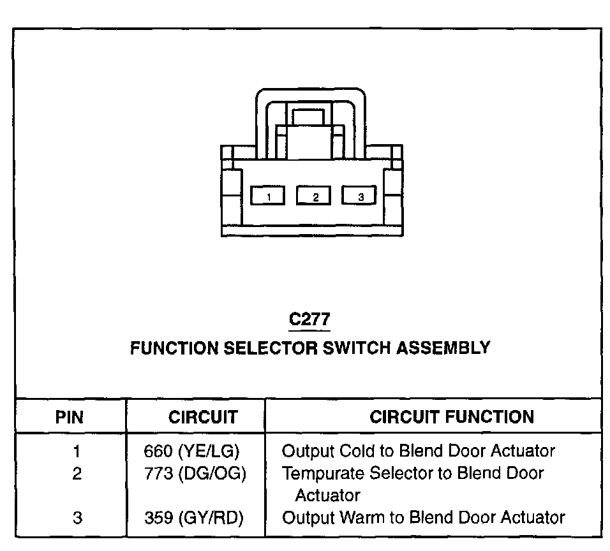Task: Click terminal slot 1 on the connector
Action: pos(268,196)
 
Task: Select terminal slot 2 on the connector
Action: pos(314,196)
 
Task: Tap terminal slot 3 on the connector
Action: pos(360,196)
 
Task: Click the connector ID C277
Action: pos(309,320)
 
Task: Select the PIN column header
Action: pos(70,418)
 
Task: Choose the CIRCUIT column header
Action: pos(203,418)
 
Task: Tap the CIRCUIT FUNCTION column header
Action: pos(452,418)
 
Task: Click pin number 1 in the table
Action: pos(77,452)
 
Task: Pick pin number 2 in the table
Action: pos(77,474)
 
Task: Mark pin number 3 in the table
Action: pos(77,518)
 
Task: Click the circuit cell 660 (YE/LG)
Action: pos(191,452)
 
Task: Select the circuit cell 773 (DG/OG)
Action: pos(195,474)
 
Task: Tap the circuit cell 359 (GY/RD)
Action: pos(194,518)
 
